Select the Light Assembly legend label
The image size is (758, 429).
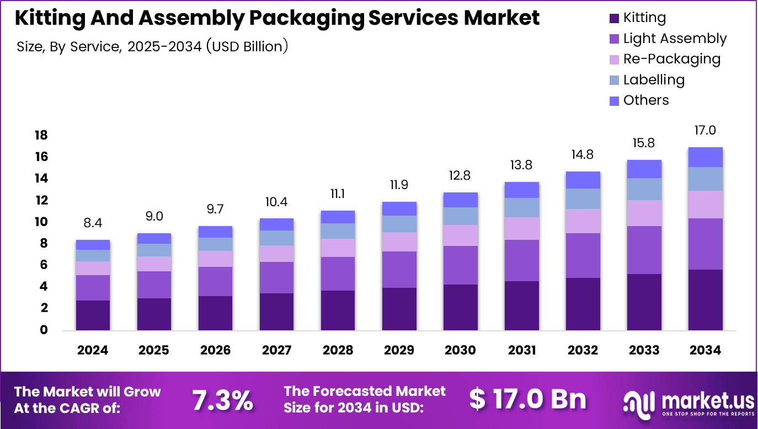(x=675, y=39)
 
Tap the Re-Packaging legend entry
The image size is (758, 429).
(x=671, y=59)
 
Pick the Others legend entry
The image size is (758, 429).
(x=645, y=100)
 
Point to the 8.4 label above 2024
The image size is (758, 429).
(x=93, y=223)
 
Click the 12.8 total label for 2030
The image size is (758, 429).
(x=460, y=175)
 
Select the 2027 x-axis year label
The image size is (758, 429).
(x=276, y=350)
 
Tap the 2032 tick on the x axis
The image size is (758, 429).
(x=583, y=350)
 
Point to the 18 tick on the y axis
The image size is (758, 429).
(x=41, y=136)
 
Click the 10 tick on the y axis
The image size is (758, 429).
(x=41, y=222)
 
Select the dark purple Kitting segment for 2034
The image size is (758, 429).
(x=706, y=300)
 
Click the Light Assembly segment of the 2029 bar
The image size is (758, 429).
(x=399, y=270)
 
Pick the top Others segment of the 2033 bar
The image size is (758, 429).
(x=644, y=169)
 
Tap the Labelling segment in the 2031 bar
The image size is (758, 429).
(x=521, y=207)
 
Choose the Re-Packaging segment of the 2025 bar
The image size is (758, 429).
(x=154, y=264)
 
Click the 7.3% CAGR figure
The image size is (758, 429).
(x=222, y=400)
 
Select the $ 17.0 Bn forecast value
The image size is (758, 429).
(x=527, y=399)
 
